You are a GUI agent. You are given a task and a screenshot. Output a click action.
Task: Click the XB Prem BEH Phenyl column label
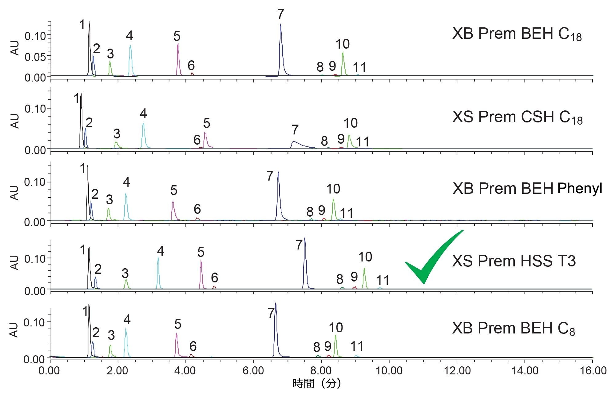(x=527, y=188)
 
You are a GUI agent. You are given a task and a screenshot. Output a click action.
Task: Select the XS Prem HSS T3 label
(x=514, y=261)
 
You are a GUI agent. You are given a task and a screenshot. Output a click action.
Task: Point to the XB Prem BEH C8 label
(x=513, y=329)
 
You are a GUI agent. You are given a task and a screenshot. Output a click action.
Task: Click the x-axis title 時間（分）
(x=316, y=383)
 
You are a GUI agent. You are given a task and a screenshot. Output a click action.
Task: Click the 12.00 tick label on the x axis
(x=457, y=370)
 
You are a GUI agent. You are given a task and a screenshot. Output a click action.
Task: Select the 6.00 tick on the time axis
(x=253, y=370)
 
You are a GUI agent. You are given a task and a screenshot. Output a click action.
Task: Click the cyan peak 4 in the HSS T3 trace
(x=158, y=274)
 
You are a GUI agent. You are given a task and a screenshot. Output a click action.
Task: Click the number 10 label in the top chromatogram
(x=342, y=44)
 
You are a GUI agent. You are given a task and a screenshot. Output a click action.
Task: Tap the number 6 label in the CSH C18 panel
(x=197, y=140)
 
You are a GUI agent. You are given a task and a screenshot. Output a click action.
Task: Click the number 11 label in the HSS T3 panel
(x=383, y=280)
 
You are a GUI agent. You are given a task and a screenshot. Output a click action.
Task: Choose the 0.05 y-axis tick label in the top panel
(x=35, y=57)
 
